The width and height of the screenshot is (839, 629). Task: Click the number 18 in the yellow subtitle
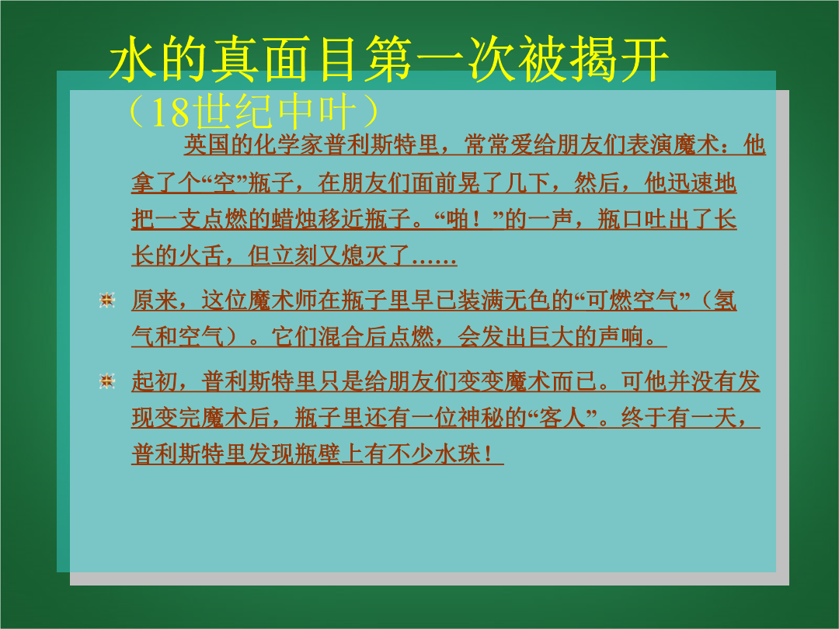coord(170,112)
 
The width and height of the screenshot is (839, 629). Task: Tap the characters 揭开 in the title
coord(619,59)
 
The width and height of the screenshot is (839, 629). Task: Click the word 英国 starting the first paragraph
coord(207,144)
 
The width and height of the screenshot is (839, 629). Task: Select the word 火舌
coord(201,255)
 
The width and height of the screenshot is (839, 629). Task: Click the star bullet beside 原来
coord(107,300)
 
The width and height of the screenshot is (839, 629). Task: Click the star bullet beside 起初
coord(107,381)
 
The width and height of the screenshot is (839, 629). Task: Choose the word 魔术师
coord(283,300)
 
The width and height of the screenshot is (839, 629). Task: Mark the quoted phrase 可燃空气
coord(632,300)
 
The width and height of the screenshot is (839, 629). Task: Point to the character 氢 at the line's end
coord(725,300)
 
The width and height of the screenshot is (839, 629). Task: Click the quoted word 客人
coord(562,418)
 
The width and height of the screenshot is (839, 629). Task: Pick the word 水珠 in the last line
coord(457,454)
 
